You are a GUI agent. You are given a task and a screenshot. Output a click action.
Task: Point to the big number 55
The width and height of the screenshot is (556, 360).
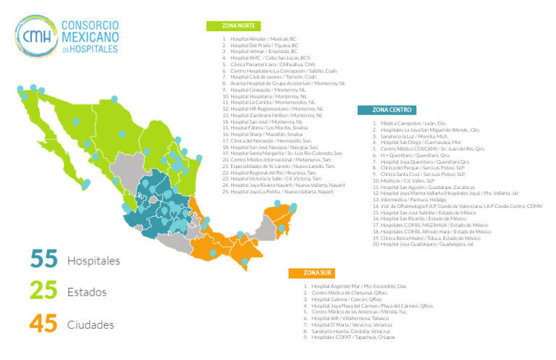[43, 259]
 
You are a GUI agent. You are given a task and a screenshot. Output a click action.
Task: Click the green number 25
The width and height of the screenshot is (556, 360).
[43, 292]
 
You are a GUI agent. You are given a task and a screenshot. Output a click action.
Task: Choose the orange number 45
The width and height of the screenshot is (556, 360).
[43, 325]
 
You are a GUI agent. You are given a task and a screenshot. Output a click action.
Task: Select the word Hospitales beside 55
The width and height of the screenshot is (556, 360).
[93, 260]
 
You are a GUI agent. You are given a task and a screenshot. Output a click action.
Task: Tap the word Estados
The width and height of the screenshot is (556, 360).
[87, 293]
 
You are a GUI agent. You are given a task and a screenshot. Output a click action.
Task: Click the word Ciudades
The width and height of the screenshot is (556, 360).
[90, 325]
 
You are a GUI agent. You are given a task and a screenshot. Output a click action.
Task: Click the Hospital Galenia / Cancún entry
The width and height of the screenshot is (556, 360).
[347, 299]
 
